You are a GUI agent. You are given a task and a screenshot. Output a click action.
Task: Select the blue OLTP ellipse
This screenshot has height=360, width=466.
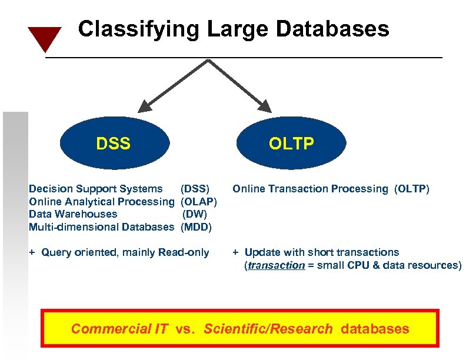[x=291, y=144]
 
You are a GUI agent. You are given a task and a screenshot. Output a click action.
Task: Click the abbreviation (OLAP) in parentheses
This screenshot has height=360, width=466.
[x=199, y=202]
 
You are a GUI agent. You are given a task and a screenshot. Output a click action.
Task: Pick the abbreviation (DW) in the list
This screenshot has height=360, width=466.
[x=195, y=214]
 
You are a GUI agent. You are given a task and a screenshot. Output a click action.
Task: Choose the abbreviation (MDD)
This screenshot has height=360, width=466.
[x=196, y=227]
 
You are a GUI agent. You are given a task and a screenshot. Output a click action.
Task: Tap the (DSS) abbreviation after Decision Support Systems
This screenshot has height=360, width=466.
[x=195, y=189]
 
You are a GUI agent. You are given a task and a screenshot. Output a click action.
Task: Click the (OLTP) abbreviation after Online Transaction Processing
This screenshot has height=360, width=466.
[x=412, y=189]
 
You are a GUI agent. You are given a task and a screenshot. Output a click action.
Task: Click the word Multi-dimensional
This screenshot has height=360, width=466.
[x=73, y=227]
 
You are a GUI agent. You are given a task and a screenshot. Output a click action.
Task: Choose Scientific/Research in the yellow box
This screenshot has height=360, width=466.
[x=268, y=329]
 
